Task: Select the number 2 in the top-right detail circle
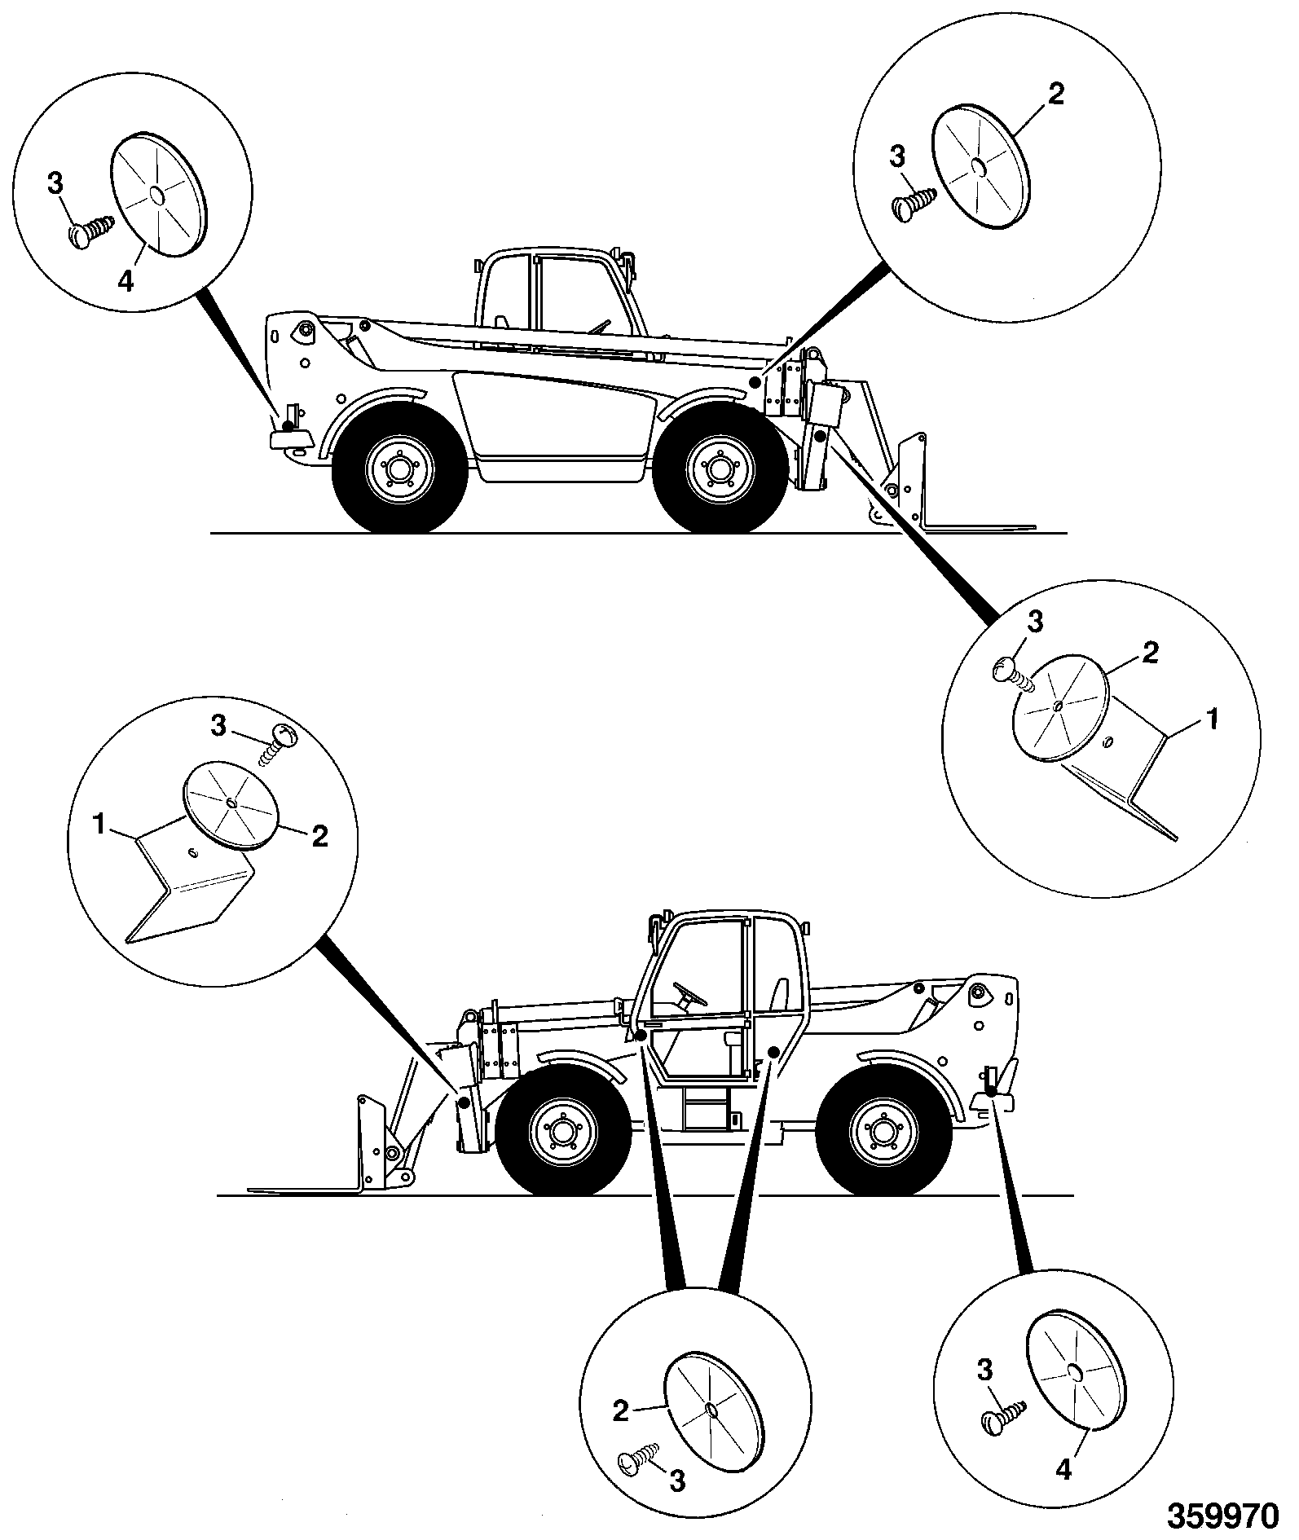[1055, 95]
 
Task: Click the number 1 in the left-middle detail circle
[100, 825]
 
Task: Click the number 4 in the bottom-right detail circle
[1064, 1470]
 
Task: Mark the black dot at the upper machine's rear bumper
[288, 425]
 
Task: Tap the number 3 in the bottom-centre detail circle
[677, 1481]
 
